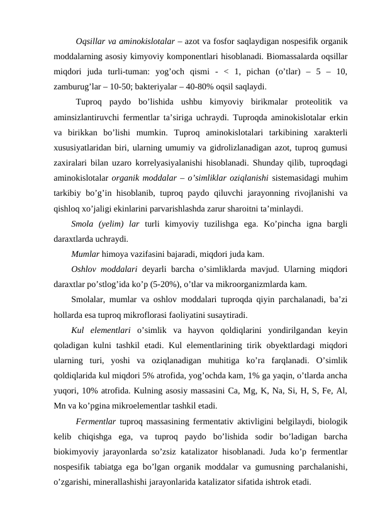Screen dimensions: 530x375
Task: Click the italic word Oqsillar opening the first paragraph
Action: [x=90, y=42]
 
